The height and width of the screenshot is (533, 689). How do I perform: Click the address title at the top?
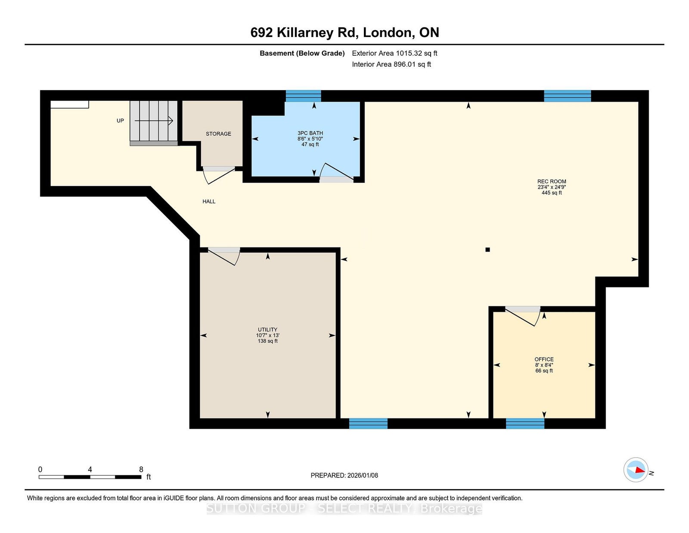click(x=344, y=33)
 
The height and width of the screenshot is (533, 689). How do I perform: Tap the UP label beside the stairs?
click(x=120, y=121)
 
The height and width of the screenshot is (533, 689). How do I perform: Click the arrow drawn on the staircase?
click(x=154, y=121)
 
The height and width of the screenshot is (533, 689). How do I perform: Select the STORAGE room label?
click(x=218, y=134)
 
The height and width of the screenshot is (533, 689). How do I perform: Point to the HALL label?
click(x=209, y=202)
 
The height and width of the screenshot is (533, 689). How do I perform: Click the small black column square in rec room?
click(x=487, y=249)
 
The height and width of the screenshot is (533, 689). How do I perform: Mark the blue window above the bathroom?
click(x=304, y=96)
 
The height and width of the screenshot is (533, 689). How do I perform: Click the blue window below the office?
click(x=525, y=424)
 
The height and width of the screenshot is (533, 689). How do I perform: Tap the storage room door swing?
click(x=219, y=176)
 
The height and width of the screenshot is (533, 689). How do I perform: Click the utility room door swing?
click(x=224, y=256)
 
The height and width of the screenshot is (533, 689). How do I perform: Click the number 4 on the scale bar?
click(x=90, y=469)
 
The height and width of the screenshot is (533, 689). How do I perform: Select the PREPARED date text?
click(x=344, y=475)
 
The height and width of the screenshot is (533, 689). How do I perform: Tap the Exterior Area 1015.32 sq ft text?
click(x=394, y=53)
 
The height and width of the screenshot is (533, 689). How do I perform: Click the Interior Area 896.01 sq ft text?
click(x=391, y=64)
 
